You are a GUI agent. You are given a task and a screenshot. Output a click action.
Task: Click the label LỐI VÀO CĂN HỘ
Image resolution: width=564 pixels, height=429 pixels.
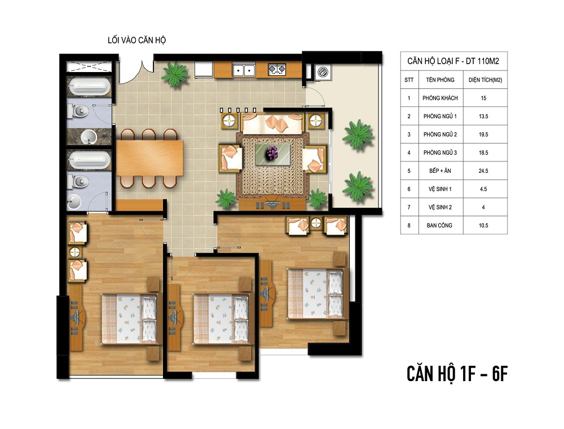136,40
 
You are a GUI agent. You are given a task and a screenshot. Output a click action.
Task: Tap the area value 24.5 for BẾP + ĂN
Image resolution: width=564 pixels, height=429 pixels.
483,171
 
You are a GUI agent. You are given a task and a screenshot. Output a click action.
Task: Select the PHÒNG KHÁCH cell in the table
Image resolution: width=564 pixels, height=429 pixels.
440,98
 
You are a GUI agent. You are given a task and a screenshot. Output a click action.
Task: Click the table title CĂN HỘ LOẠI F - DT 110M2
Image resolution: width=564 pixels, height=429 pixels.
453,61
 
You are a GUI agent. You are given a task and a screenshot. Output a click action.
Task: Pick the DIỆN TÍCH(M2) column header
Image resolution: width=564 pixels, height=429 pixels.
485,80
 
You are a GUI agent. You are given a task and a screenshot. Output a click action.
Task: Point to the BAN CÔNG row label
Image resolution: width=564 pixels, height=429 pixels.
439,225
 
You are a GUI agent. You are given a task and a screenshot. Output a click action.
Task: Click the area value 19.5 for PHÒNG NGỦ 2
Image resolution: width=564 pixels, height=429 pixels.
483,135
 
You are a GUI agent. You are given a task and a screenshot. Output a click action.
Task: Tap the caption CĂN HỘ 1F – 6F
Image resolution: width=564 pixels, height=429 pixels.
457,374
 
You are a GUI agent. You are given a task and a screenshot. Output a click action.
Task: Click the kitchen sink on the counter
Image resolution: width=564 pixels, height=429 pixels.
244,70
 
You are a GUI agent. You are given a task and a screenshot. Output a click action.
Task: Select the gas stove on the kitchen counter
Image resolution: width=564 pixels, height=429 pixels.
276,69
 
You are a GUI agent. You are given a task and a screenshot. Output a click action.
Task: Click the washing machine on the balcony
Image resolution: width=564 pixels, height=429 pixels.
322,72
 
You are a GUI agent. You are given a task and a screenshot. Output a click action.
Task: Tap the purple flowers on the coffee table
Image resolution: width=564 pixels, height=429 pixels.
272,153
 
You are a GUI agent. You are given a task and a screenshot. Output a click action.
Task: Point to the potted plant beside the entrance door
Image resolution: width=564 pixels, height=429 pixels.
175,74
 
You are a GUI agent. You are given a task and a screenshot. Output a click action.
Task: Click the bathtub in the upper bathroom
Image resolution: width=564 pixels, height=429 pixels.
89,87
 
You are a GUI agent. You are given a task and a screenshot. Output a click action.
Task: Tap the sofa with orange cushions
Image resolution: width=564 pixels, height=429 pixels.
272,123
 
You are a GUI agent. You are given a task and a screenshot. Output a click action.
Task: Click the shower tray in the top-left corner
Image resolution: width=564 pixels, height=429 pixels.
89,66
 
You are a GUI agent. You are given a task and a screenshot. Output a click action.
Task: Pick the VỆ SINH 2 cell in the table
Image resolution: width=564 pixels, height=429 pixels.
440,207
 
